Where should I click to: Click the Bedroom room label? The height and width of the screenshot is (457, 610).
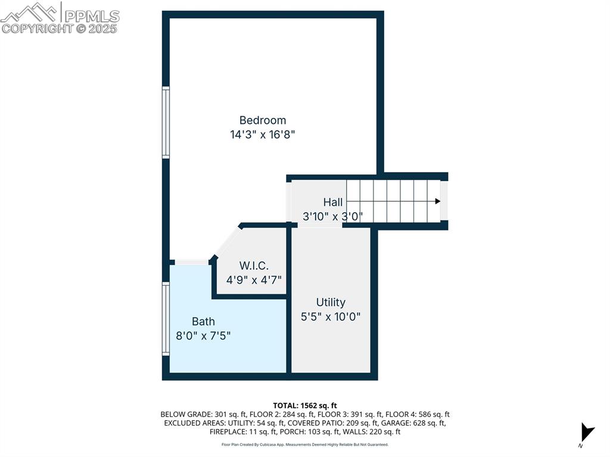click(x=263, y=120)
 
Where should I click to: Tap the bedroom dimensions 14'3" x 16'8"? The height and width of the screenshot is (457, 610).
click(x=263, y=135)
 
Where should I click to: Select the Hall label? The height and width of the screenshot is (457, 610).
click(x=333, y=202)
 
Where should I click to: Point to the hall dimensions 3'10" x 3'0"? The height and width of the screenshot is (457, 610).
click(x=333, y=216)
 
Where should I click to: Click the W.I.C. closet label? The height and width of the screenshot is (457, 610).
click(x=254, y=265)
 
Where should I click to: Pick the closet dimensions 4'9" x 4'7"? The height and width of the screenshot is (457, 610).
click(x=254, y=279)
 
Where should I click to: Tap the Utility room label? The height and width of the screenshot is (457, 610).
click(x=331, y=302)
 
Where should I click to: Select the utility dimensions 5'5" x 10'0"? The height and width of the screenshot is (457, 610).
click(x=331, y=317)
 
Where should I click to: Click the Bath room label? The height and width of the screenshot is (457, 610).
click(x=203, y=321)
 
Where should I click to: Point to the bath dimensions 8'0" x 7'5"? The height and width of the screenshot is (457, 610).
click(x=203, y=336)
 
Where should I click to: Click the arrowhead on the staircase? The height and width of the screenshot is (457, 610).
click(x=438, y=201)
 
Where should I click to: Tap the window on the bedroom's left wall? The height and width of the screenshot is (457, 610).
click(x=166, y=122)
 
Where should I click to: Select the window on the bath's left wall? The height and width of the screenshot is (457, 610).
click(x=166, y=319)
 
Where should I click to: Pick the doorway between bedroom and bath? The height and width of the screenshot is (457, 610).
click(x=191, y=262)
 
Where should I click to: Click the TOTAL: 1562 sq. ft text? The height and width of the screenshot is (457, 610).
click(x=305, y=405)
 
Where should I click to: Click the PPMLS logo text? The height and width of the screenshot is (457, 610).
click(x=92, y=15)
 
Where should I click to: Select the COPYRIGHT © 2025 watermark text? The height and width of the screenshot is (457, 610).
click(x=60, y=28)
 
